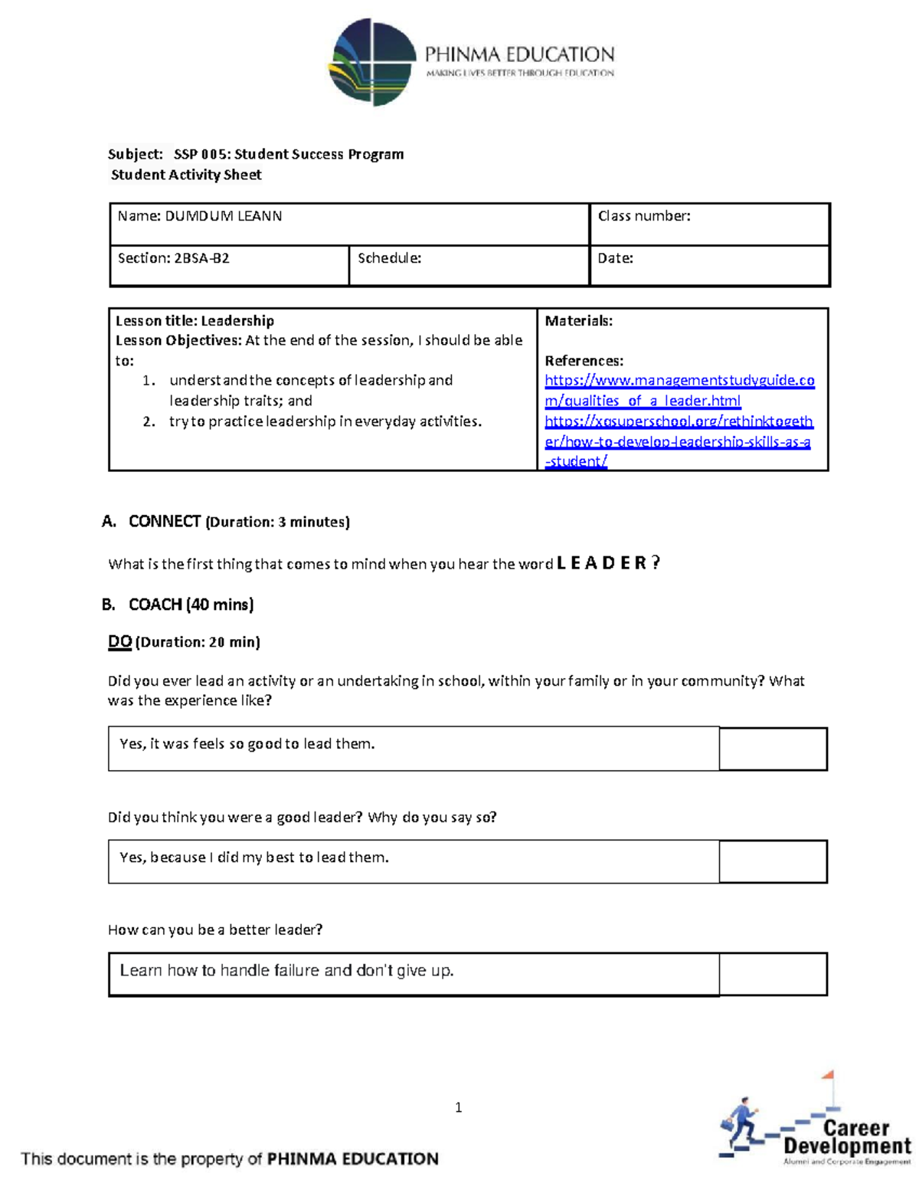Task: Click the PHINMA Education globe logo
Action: tap(372, 62)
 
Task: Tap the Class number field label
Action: tap(643, 216)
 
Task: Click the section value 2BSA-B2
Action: tap(201, 258)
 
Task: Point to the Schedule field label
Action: tap(389, 258)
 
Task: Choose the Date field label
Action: tap(615, 258)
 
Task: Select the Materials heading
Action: tap(578, 321)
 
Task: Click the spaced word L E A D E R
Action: tap(602, 563)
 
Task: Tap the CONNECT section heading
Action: tap(164, 522)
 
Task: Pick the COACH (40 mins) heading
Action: tap(191, 605)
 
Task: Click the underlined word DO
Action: tap(119, 642)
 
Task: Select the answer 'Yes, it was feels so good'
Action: tap(247, 744)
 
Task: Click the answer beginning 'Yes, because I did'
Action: tap(253, 857)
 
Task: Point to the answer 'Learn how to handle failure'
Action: tap(286, 971)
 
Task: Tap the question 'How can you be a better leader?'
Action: tap(215, 929)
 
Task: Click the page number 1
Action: tap(458, 1107)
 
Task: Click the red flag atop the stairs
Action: tap(827, 1076)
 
